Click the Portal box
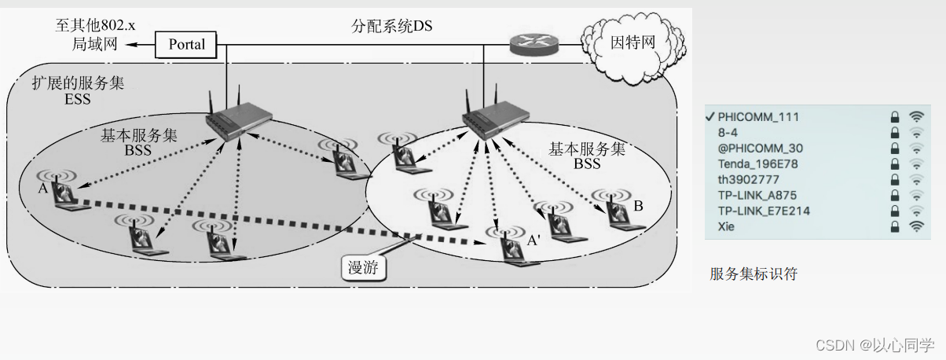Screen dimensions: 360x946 [x=186, y=45]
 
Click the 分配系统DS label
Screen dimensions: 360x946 [x=391, y=25]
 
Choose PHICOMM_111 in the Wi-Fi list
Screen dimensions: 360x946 [x=758, y=117]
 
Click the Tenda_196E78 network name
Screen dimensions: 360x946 [x=757, y=164]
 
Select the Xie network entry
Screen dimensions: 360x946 [x=728, y=226]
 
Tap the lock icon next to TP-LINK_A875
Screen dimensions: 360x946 [x=894, y=196]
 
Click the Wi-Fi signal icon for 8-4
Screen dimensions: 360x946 [x=915, y=133]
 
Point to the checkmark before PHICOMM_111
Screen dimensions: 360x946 [x=709, y=116]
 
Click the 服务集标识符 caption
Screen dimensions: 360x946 [x=753, y=274]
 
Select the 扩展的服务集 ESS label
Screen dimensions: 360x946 [x=78, y=90]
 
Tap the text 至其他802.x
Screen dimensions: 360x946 [x=95, y=24]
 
